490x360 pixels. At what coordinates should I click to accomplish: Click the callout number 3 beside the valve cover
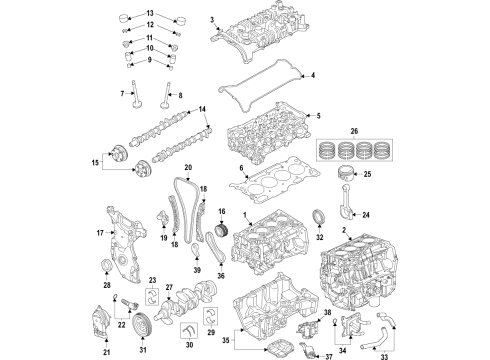212,20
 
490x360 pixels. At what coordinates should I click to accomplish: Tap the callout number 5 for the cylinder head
319,117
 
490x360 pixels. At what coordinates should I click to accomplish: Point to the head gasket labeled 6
275,187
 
